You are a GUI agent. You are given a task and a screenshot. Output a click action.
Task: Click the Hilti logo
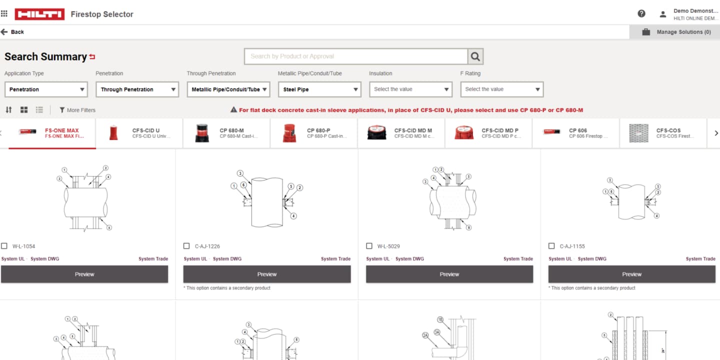point(39,14)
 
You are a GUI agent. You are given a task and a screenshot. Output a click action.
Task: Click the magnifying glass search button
point(475,56)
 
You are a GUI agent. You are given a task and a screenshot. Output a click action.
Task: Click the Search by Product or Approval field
point(355,56)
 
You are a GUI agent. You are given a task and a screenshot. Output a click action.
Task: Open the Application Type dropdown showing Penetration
point(46,89)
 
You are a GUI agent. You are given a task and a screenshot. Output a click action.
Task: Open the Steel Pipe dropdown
point(319,89)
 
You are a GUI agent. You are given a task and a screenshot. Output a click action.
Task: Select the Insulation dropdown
point(410,89)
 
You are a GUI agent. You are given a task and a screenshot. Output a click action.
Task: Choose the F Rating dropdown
point(501,89)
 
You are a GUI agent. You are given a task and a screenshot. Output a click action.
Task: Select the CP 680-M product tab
point(226,133)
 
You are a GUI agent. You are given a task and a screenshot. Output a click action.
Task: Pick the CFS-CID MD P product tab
point(488,133)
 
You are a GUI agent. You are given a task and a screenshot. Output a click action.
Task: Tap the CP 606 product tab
point(575,133)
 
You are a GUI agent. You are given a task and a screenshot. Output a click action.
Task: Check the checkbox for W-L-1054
point(4,246)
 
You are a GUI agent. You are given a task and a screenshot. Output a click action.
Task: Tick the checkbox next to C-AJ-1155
point(551,246)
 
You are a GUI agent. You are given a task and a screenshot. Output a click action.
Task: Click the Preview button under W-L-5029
point(449,274)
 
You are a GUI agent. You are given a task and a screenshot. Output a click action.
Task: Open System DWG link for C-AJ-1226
point(227,259)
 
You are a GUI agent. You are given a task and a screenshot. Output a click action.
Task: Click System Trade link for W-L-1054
point(153,259)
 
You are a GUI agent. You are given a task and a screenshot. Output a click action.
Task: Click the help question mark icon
point(641,14)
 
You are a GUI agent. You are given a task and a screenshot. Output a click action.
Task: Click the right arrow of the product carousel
point(716,133)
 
